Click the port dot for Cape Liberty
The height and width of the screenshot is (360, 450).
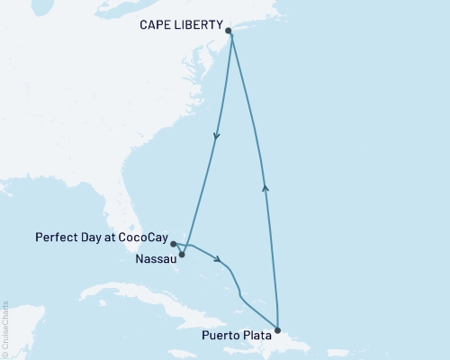click(x=229, y=31)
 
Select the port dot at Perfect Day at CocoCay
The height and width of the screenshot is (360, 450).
click(x=173, y=243)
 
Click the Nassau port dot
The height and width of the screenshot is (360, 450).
click(x=183, y=255)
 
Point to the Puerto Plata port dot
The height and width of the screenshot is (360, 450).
click(x=277, y=330)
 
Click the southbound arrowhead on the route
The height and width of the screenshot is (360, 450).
click(x=216, y=138)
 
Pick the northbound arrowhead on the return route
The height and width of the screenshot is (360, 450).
click(x=265, y=186)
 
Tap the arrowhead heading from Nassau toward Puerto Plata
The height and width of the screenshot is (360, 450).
click(x=217, y=261)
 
